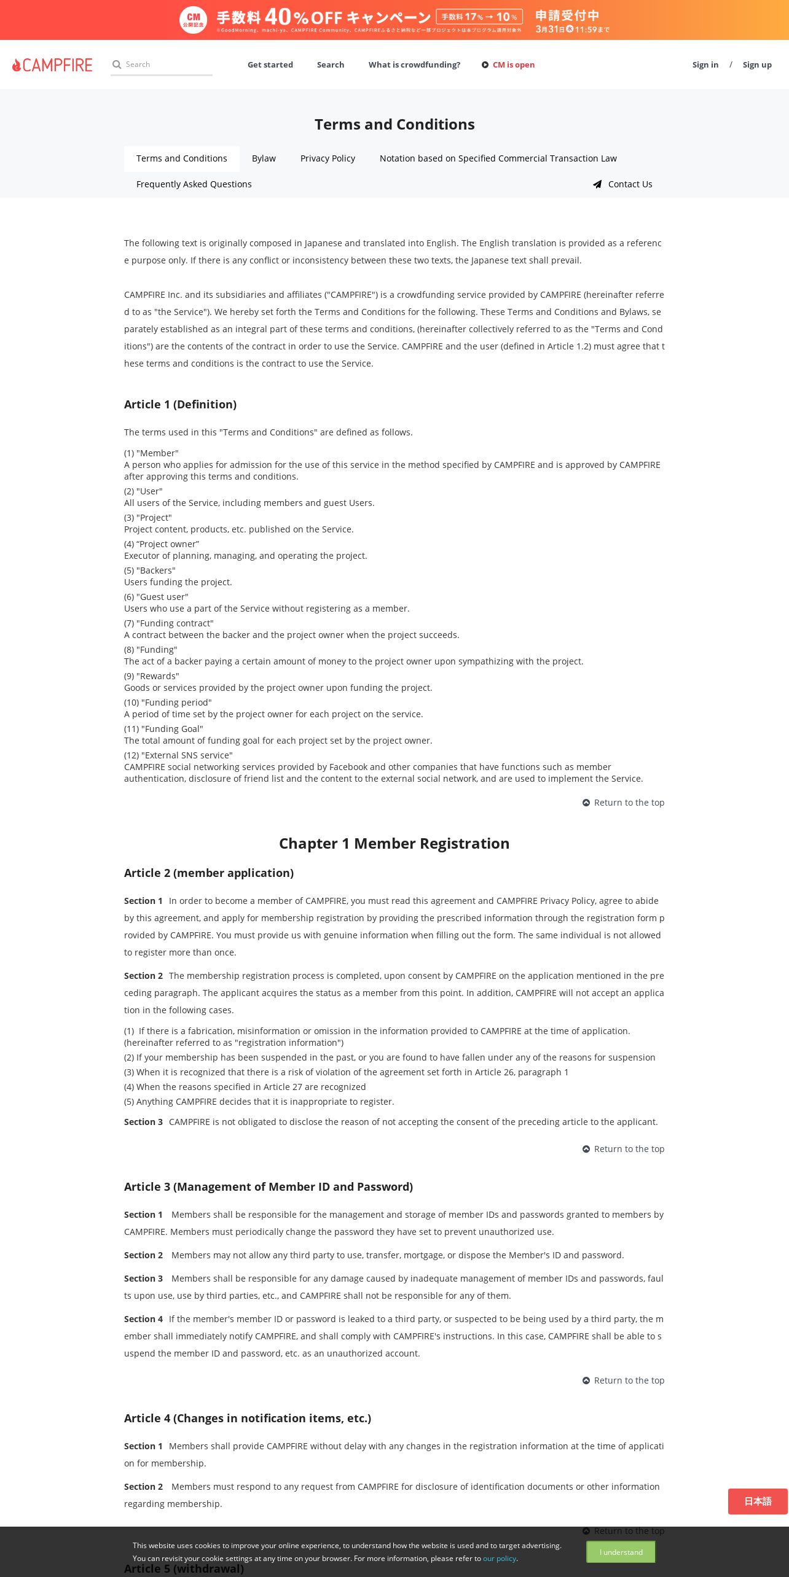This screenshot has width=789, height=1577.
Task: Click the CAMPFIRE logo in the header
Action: [52, 65]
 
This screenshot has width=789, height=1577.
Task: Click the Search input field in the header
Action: [166, 64]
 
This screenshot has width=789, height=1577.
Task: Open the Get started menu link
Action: [270, 64]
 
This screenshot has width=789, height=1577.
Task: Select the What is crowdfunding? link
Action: [414, 64]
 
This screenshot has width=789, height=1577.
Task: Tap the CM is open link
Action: [513, 64]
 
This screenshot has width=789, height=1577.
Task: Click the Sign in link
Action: [705, 64]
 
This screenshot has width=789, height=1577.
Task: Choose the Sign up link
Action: [756, 64]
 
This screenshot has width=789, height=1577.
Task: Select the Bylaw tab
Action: [264, 158]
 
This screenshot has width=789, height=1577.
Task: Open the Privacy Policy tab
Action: [328, 158]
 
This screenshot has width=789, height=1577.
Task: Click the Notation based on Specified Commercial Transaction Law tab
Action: [498, 158]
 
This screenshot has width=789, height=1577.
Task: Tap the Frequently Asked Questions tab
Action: [194, 184]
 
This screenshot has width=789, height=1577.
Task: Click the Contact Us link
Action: [630, 184]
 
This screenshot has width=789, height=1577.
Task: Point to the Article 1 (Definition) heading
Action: [180, 404]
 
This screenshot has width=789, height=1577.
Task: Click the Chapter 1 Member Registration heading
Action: [394, 843]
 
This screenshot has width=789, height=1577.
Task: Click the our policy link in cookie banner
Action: [499, 1558]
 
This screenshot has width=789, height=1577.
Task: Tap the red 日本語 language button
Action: [758, 1501]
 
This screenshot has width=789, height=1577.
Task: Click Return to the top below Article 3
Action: [629, 1380]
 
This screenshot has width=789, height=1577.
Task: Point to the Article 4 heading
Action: [247, 1418]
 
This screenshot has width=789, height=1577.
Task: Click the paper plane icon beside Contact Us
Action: [597, 184]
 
